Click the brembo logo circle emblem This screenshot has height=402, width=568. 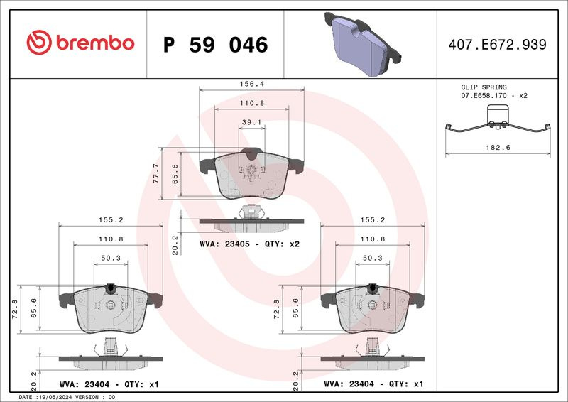pyautogui.click(x=39, y=43)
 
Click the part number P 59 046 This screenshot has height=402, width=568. pyautogui.click(x=216, y=45)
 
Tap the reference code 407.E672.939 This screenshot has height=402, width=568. pyautogui.click(x=498, y=45)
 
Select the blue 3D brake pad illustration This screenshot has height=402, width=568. pyautogui.click(x=363, y=44)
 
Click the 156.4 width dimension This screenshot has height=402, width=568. pyautogui.click(x=252, y=84)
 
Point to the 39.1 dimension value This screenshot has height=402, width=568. pyautogui.click(x=252, y=122)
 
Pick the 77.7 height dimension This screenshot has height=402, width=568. pyautogui.click(x=155, y=173)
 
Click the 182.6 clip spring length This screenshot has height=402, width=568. pyautogui.click(x=498, y=148)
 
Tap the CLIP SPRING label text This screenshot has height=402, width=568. pyautogui.click(x=484, y=87)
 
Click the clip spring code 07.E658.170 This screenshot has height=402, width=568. pyautogui.click(x=484, y=96)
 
